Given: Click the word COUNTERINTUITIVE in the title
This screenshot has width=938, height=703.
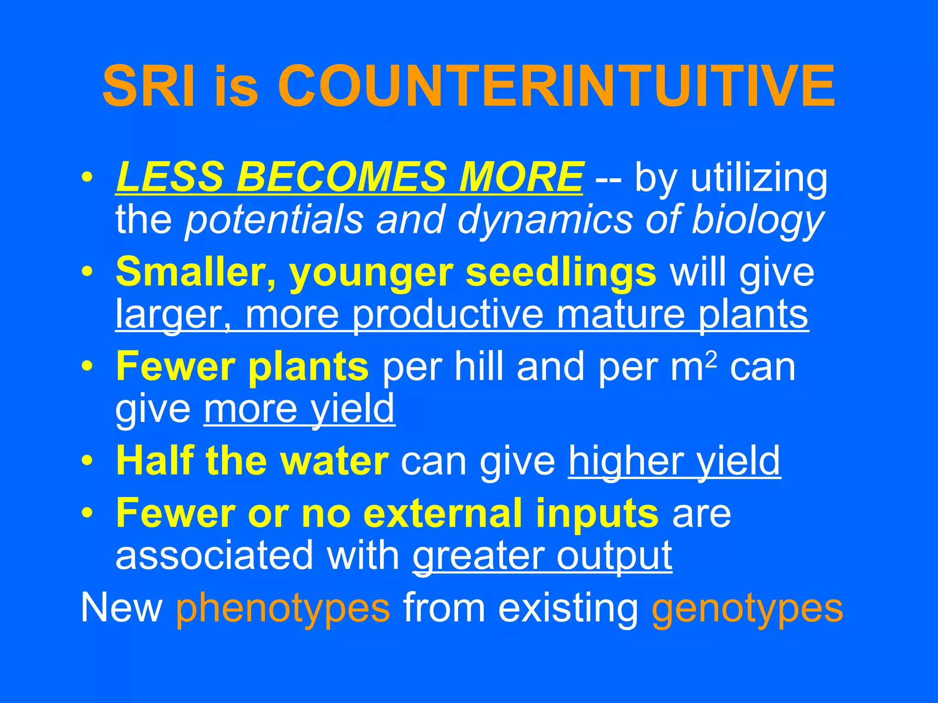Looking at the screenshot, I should [x=556, y=86].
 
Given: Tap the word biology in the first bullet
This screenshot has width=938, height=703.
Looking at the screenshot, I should [x=757, y=220].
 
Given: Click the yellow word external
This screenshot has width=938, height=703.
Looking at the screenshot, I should [x=444, y=513].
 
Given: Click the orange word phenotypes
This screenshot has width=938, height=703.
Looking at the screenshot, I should [x=283, y=608].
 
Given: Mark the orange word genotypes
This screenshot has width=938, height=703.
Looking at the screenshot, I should [x=747, y=608].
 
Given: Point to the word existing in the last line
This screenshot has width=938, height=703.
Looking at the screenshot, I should [x=568, y=608].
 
